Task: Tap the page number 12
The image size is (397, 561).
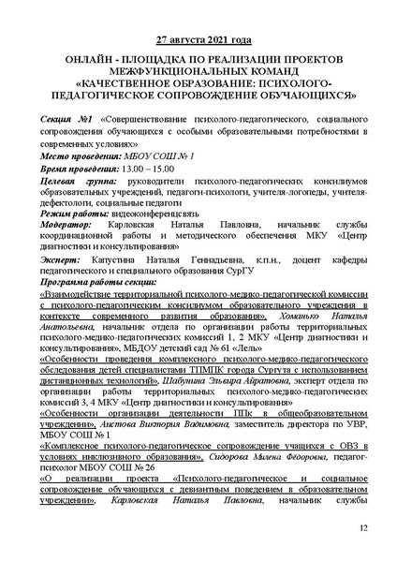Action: [363, 529]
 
